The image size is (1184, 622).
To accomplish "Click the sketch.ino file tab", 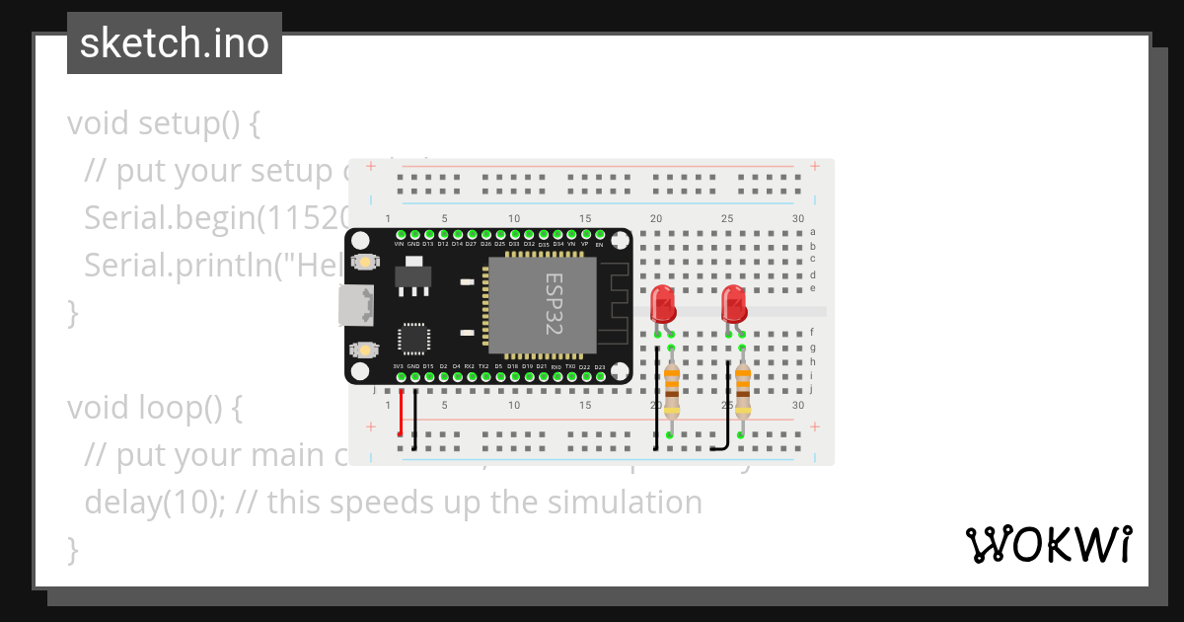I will coord(174,43).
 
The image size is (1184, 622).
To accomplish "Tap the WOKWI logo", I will coord(1048,544).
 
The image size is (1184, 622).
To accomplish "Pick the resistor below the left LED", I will coord(671,392).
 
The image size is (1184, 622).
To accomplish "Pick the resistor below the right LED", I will coord(742,392).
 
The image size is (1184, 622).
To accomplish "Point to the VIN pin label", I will coord(400,243).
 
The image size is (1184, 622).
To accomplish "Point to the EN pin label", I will coord(599,244).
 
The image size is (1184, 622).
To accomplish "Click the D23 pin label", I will coord(599,366).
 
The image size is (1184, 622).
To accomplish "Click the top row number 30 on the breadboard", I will coord(797,218).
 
